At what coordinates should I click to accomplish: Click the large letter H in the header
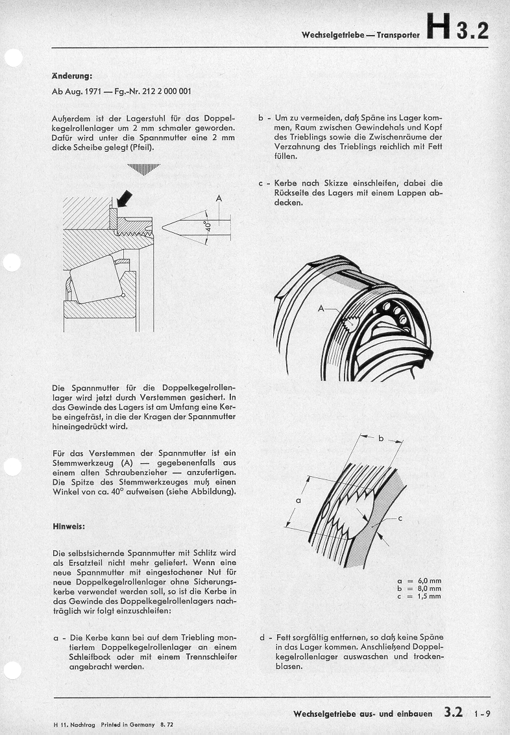[439, 29]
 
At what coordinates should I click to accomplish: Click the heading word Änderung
[71, 75]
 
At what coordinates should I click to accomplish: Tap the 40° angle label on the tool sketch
[208, 228]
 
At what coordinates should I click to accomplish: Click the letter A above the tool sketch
[219, 199]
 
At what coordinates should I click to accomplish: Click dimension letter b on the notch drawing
[381, 439]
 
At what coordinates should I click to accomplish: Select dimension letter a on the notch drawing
[298, 501]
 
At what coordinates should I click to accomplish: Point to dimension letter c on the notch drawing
[400, 518]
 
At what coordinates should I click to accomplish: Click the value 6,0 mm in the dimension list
[430, 580]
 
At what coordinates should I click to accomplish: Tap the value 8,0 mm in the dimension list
[430, 588]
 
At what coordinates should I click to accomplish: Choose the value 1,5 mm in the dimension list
[430, 596]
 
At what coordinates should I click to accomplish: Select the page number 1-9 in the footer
[482, 714]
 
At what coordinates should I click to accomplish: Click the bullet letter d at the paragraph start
[262, 637]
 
